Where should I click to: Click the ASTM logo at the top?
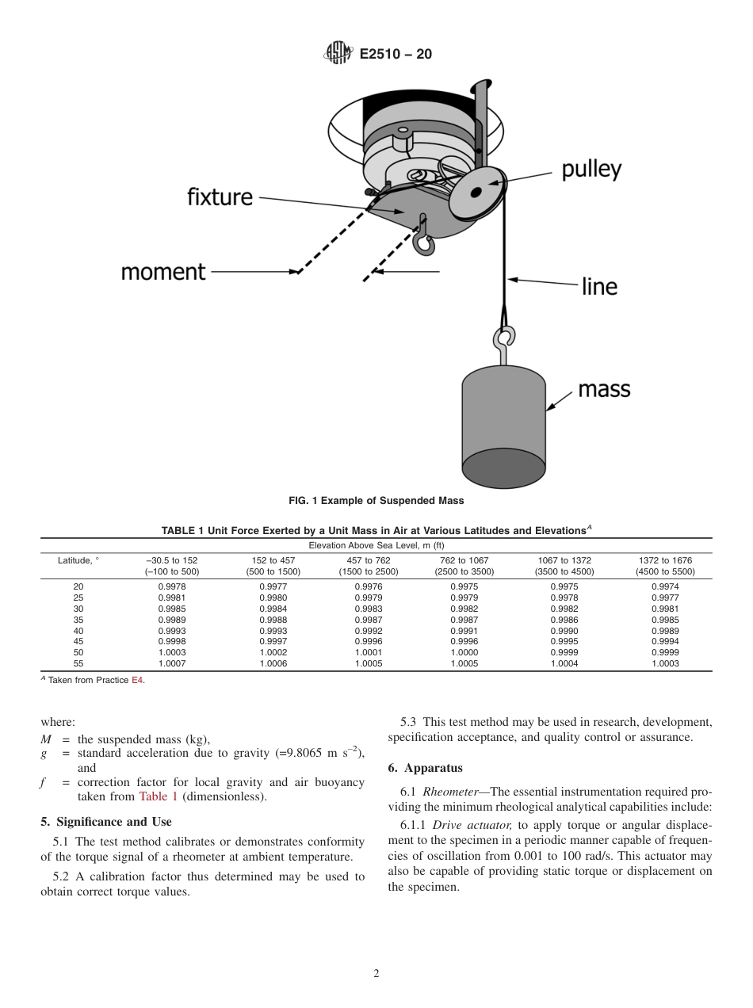click(338, 54)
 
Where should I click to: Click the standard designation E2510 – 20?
click(396, 55)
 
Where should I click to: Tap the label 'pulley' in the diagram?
click(591, 170)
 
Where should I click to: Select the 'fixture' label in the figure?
click(220, 196)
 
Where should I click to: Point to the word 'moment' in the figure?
click(162, 272)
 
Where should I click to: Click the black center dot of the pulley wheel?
click(476, 192)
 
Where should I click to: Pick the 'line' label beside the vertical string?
click(599, 286)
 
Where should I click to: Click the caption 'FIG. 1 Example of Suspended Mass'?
click(376, 501)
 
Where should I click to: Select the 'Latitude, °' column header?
click(78, 560)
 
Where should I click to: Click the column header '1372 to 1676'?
click(665, 560)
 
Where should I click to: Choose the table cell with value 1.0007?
click(172, 664)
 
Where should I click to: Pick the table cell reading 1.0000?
click(464, 653)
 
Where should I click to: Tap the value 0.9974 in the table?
click(665, 586)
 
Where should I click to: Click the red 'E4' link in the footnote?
click(137, 681)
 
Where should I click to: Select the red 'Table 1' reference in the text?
click(158, 796)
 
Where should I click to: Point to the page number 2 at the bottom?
click(376, 974)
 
